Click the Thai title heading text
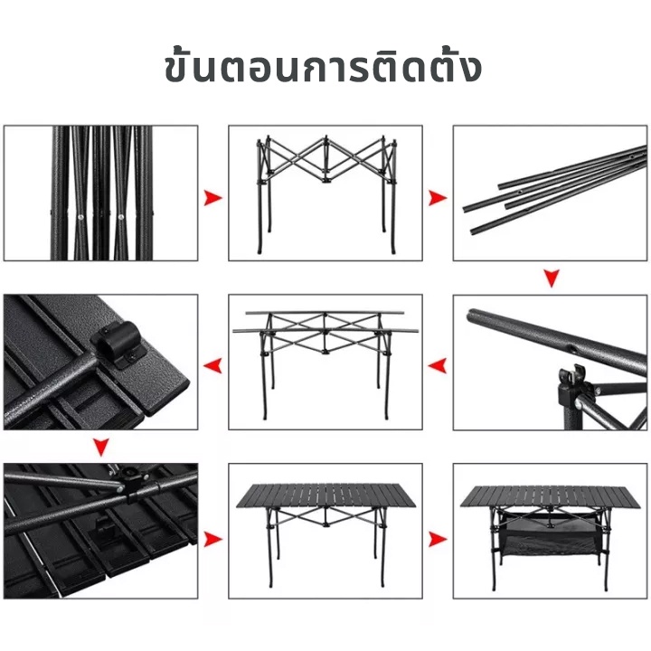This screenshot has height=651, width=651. coord(324,67)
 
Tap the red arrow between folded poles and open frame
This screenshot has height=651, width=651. coord(212,198)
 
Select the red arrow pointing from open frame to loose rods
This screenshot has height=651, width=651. coord(438,198)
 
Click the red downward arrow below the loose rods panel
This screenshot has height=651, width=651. coord(552,278)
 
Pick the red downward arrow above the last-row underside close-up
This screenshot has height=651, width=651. coord(101,448)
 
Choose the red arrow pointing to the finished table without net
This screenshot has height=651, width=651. coord(212,539)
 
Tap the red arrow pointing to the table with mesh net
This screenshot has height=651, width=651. coord(438,539)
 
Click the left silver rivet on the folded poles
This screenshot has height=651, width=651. coord(80,216)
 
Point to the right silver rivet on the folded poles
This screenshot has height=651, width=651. coord(121,216)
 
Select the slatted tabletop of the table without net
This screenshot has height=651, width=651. coord(325,495)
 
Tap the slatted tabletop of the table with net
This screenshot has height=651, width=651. coord(550,496)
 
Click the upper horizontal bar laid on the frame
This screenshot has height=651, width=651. coord(325,313)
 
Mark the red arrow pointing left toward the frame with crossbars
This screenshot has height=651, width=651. coord(438,366)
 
